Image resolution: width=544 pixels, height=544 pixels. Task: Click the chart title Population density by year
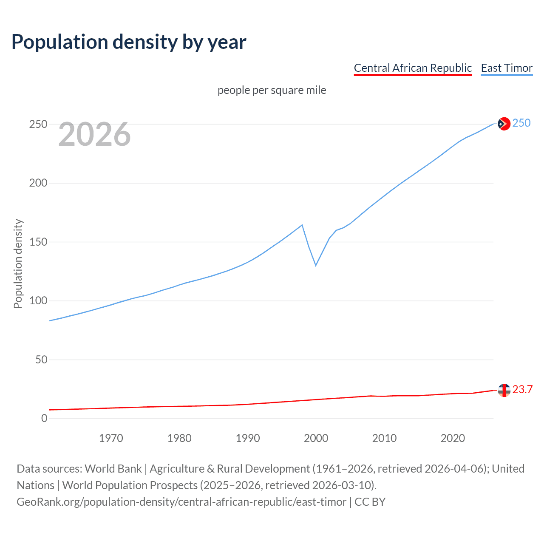pyautogui.click(x=129, y=42)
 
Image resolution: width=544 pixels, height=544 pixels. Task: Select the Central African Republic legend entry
pyautogui.click(x=413, y=68)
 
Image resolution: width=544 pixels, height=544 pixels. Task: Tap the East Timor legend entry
pyautogui.click(x=507, y=68)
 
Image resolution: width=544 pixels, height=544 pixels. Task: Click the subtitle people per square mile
pyautogui.click(x=272, y=90)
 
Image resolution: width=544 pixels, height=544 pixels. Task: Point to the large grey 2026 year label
pyautogui.click(x=94, y=134)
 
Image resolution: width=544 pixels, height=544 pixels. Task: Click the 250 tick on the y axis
pyautogui.click(x=38, y=125)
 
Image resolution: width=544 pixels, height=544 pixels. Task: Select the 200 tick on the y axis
pyautogui.click(x=38, y=183)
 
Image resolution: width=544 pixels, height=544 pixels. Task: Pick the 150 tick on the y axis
pyautogui.click(x=38, y=242)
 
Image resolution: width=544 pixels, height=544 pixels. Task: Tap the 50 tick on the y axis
pyautogui.click(x=41, y=360)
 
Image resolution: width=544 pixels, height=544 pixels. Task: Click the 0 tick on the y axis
pyautogui.click(x=44, y=418)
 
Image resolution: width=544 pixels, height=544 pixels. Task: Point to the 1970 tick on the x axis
pyautogui.click(x=111, y=438)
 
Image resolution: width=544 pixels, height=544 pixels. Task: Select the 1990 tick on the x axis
pyautogui.click(x=248, y=438)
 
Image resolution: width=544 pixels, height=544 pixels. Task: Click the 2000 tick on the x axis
pyautogui.click(x=316, y=438)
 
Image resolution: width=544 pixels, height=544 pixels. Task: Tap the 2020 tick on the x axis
pyautogui.click(x=453, y=438)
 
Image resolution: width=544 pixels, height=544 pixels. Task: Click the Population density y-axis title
pyautogui.click(x=18, y=263)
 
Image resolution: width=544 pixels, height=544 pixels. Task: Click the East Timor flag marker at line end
pyautogui.click(x=504, y=124)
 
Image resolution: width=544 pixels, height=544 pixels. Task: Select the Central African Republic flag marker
pyautogui.click(x=504, y=390)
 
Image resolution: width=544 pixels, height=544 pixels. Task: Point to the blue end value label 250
pyautogui.click(x=521, y=123)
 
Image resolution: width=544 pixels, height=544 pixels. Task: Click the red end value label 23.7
pyautogui.click(x=522, y=390)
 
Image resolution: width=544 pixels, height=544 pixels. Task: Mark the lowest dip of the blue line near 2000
pyautogui.click(x=316, y=265)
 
